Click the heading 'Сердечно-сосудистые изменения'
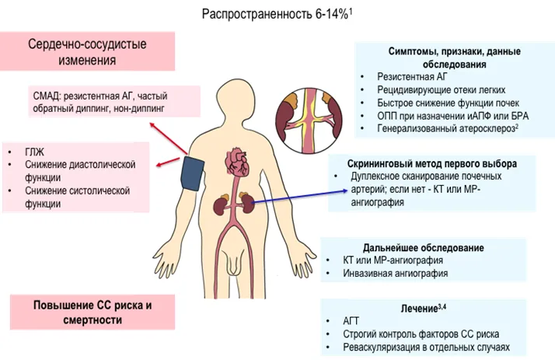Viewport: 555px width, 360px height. (x=87, y=51)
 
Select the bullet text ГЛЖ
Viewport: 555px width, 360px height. (x=35, y=152)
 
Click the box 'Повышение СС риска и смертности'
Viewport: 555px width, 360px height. (x=92, y=313)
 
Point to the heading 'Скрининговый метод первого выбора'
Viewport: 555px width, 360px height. (x=432, y=164)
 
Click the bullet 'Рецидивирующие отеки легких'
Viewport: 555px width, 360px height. (x=441, y=90)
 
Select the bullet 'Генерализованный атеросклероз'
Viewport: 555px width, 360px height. (x=448, y=128)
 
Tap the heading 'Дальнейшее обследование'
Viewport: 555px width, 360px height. (x=424, y=248)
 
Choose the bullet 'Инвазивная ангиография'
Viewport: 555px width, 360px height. (x=396, y=273)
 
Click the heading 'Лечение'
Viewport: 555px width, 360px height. (x=423, y=309)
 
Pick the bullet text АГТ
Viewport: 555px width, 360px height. (x=351, y=321)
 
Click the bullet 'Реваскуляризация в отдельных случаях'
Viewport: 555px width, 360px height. (x=426, y=348)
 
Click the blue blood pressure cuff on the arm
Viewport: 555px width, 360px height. (x=192, y=174)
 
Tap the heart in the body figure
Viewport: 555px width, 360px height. (x=237, y=162)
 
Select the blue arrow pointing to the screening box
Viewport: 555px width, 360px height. (x=299, y=197)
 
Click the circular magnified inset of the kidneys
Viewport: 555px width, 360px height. (x=309, y=121)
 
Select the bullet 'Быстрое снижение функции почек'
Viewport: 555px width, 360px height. (x=448, y=103)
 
